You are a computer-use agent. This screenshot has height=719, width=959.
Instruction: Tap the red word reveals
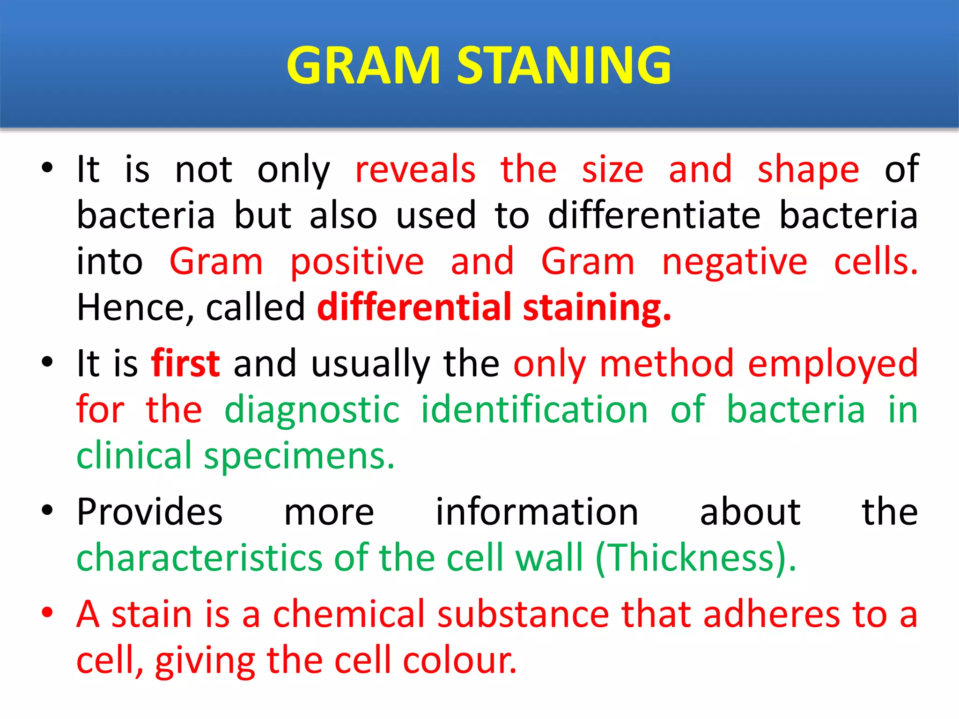[x=415, y=169]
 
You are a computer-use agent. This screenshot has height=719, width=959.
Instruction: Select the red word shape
[x=808, y=170]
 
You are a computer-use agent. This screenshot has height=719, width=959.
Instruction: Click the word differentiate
[x=654, y=215]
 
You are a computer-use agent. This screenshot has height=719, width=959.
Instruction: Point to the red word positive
[x=357, y=262]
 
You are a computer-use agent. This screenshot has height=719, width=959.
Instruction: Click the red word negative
[x=734, y=262]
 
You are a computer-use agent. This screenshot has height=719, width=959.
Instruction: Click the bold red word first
[x=185, y=363]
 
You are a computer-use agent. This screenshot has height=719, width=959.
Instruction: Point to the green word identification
[x=534, y=409]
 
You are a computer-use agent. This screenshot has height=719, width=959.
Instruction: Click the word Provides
[x=150, y=512]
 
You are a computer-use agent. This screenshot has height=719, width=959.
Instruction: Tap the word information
[x=537, y=512]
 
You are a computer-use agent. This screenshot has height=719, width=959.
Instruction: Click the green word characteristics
[x=199, y=558]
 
